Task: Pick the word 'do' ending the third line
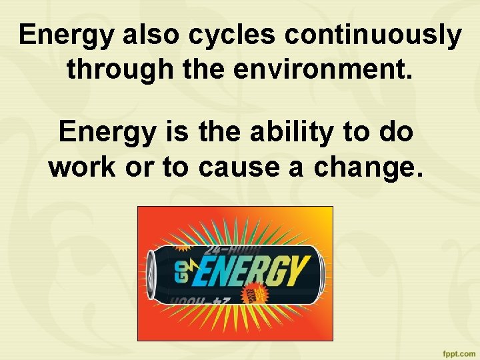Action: pos(397,133)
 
